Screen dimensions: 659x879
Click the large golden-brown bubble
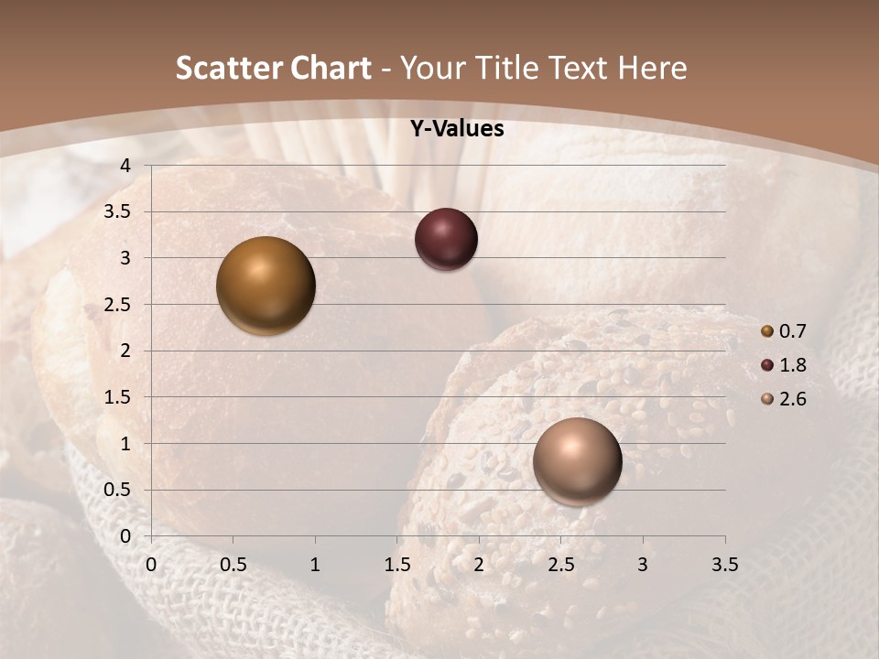coord(266,286)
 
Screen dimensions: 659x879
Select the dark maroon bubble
coord(446,240)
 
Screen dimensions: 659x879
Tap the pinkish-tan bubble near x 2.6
coord(578,461)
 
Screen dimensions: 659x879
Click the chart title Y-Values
coord(457,129)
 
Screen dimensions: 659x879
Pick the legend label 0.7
coord(792,331)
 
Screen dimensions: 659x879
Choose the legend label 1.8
coord(792,365)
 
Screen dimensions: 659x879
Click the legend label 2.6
coord(792,399)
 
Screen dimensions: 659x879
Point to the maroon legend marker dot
coord(767,365)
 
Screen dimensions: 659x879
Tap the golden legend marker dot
coord(767,331)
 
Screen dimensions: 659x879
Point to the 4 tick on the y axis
coord(125,166)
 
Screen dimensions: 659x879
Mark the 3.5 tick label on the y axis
coord(117,212)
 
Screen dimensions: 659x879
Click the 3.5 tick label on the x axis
coord(724,564)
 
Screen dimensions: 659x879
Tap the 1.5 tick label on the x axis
coord(396,564)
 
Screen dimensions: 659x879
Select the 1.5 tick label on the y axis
coord(117,397)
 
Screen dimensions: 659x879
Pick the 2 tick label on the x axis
coord(479,564)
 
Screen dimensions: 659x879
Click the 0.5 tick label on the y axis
coord(117,491)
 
